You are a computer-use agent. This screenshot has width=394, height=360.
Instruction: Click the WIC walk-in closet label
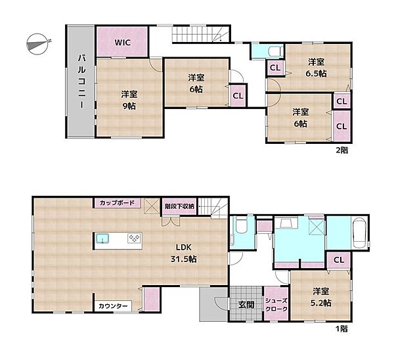click(123, 42)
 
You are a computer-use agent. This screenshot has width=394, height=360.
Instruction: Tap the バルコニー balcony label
click(81, 82)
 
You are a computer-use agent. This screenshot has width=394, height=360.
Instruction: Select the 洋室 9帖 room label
click(129, 101)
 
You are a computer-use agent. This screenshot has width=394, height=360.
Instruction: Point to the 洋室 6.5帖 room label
click(316, 68)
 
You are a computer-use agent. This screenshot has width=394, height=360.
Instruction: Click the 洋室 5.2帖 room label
click(320, 297)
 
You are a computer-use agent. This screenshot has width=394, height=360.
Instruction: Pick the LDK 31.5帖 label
click(183, 253)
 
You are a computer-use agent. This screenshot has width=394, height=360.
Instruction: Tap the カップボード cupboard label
click(117, 202)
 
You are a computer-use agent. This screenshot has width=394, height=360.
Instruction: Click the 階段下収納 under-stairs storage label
click(179, 206)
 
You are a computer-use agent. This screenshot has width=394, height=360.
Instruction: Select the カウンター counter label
click(113, 306)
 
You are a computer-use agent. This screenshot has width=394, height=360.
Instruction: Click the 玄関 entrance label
click(246, 305)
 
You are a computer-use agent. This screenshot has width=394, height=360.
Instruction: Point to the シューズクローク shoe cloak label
click(276, 305)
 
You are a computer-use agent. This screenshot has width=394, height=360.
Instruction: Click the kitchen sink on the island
click(102, 238)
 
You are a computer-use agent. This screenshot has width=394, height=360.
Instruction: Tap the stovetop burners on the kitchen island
click(135, 238)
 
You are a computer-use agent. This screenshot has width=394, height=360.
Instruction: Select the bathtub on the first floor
click(359, 233)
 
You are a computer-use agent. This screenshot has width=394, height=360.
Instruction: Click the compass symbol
click(37, 44)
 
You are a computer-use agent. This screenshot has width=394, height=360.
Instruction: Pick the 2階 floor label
click(342, 150)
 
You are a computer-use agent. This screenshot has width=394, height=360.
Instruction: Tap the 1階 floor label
click(342, 328)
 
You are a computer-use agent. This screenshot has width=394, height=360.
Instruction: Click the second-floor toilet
click(276, 51)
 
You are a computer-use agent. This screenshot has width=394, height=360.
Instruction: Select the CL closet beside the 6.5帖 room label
click(275, 68)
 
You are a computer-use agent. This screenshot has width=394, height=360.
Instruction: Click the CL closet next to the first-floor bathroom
click(339, 260)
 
